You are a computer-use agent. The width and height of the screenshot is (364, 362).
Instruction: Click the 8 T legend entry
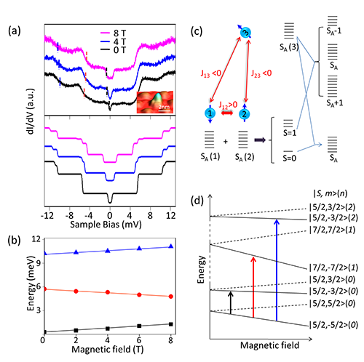(x=114, y=33)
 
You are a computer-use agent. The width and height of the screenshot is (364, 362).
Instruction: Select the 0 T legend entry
(x=114, y=50)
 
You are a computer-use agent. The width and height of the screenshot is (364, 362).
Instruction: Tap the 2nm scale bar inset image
(x=155, y=102)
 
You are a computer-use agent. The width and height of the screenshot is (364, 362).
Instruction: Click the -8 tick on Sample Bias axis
(x=69, y=215)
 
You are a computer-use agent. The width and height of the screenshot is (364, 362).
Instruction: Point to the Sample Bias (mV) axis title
(x=106, y=225)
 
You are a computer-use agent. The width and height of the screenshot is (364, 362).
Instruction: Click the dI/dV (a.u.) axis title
(x=31, y=111)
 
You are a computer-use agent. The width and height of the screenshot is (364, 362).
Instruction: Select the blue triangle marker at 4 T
(x=108, y=251)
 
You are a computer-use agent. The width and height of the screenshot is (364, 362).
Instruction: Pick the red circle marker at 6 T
(x=139, y=294)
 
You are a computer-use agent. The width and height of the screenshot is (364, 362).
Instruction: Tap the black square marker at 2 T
(x=76, y=330)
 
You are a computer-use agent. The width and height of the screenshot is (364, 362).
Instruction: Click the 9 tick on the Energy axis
(x=39, y=262)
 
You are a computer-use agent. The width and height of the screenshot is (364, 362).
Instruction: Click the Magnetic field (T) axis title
(x=108, y=350)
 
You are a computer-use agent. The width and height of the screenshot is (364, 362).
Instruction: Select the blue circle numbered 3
(x=245, y=33)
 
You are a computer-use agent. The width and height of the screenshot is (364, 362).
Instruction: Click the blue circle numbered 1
(x=210, y=113)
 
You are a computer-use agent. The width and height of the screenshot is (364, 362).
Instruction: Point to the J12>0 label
(x=228, y=105)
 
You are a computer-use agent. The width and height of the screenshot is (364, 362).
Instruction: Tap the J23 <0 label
(x=261, y=73)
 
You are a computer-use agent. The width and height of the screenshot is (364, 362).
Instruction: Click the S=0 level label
(x=289, y=158)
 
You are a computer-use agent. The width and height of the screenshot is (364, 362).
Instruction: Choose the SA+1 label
(x=334, y=103)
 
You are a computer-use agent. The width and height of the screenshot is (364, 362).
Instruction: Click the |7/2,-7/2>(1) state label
(x=333, y=268)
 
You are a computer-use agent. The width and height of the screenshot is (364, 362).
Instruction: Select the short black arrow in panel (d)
(x=231, y=303)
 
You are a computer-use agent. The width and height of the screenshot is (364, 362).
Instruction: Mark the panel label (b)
(x=14, y=241)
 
